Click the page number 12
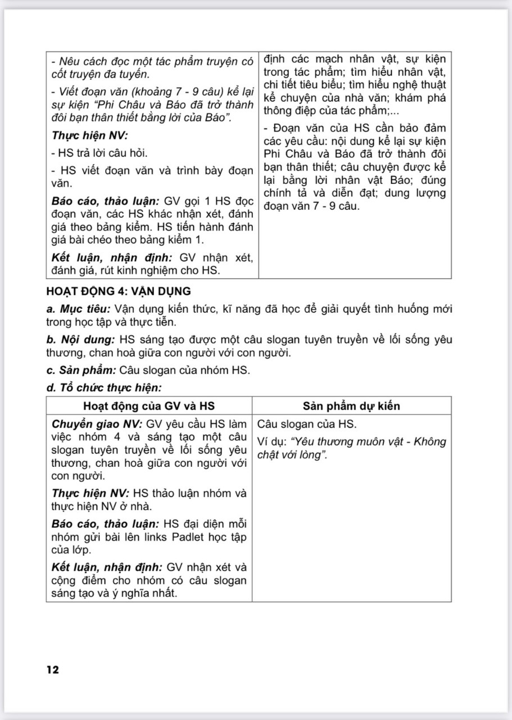[53, 669]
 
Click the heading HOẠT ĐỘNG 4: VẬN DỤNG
[119, 291]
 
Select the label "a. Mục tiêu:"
[79, 309]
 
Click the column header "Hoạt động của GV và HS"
[149, 406]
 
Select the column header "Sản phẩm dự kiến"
[352, 406]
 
